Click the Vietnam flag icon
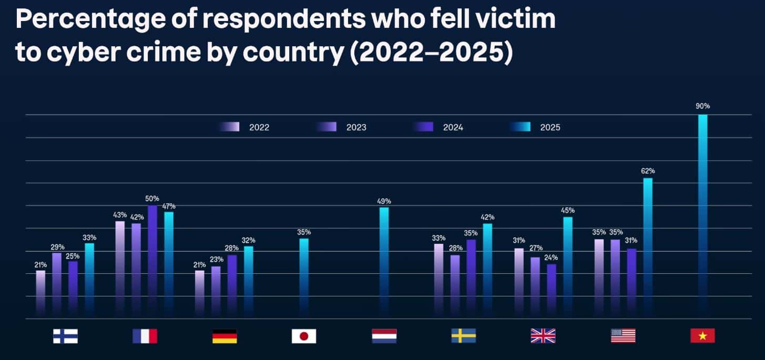[x=702, y=336]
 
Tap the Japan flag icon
[x=304, y=336]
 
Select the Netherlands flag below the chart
[x=384, y=336]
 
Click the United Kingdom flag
[x=543, y=336]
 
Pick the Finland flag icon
[x=65, y=336]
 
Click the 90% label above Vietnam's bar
[x=702, y=106]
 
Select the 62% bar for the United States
[x=648, y=247]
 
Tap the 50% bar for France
[x=152, y=260]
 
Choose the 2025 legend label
[x=550, y=127]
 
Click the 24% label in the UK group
[x=551, y=258]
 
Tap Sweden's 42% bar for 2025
[x=487, y=270]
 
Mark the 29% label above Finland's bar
[x=58, y=247]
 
